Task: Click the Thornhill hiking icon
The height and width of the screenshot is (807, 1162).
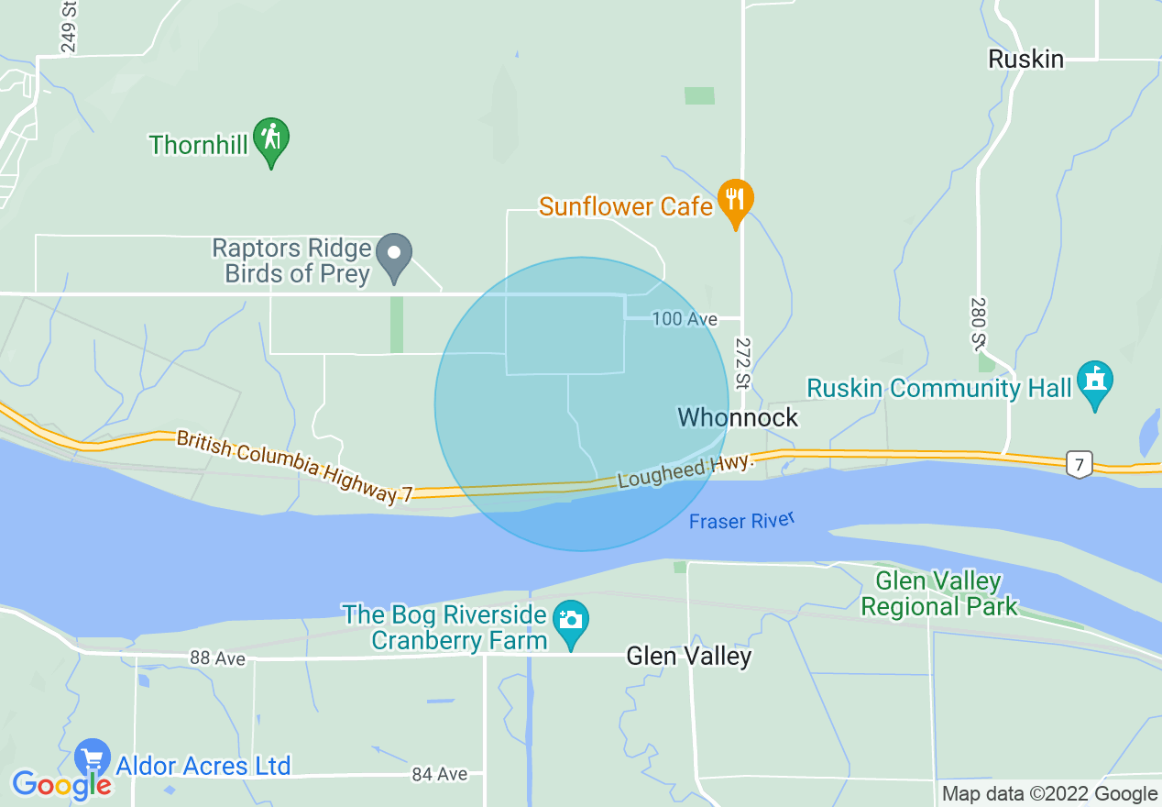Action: point(271,139)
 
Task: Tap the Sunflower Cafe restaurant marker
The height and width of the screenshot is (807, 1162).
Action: point(735,200)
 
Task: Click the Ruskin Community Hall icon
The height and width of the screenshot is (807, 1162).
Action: point(1094,383)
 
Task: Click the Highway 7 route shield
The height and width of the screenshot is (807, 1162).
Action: point(1080,464)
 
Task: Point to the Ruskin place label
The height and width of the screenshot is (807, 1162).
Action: point(1025,60)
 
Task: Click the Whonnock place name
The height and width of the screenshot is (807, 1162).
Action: point(738,417)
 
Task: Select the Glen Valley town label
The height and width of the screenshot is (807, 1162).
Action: point(688,656)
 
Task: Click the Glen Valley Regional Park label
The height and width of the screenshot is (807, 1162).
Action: point(939,593)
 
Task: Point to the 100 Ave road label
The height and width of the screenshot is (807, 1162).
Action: point(684,319)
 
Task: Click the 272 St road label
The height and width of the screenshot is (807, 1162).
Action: point(742,362)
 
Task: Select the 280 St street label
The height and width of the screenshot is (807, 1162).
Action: point(978,323)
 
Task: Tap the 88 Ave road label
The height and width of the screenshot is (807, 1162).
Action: point(218,658)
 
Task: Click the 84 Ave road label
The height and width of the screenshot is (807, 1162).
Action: point(439,774)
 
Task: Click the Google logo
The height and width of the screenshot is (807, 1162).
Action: point(61,784)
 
